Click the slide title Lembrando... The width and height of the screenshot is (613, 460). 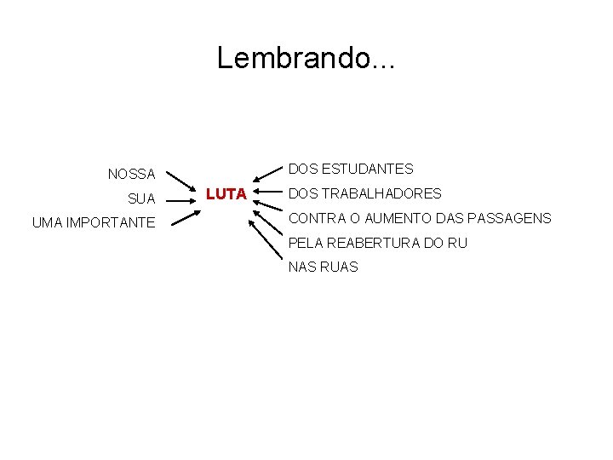pyautogui.click(x=306, y=58)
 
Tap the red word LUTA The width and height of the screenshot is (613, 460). pyautogui.click(x=226, y=194)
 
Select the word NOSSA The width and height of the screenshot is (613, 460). pyautogui.click(x=131, y=175)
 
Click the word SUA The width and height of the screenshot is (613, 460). pyautogui.click(x=141, y=199)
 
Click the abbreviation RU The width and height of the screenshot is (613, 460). pyautogui.click(x=457, y=243)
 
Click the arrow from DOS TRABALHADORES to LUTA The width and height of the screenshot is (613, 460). pyautogui.click(x=268, y=194)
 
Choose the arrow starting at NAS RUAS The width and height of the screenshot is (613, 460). pyautogui.click(x=269, y=242)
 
